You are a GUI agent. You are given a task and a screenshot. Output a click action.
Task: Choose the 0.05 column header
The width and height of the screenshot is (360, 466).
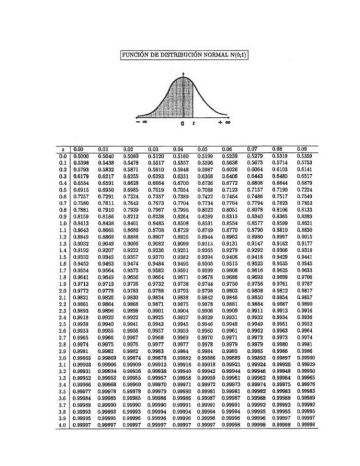[x=203, y=149]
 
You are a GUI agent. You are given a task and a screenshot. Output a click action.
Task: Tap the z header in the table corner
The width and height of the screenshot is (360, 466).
[x=65, y=149]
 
